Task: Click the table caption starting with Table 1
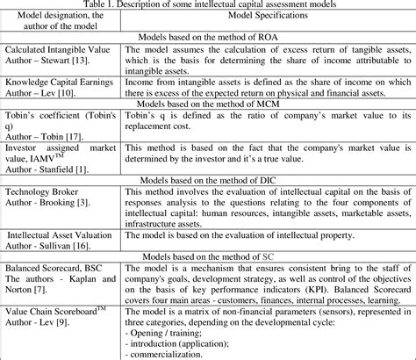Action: coord(208,4)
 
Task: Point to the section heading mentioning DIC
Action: coord(208,180)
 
